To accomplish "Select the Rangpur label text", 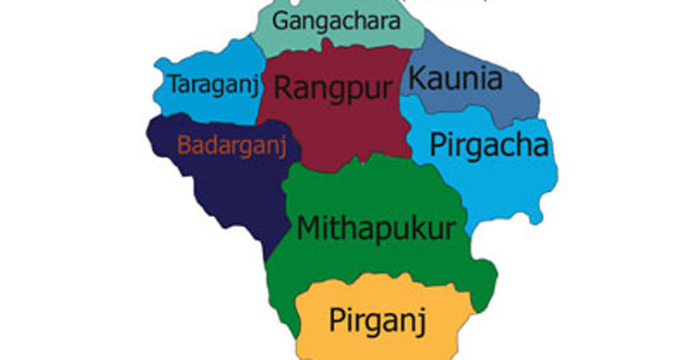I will (333, 89).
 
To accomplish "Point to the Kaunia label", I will (457, 79).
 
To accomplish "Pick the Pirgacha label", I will (490, 146).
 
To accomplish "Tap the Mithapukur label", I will (376, 228).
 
